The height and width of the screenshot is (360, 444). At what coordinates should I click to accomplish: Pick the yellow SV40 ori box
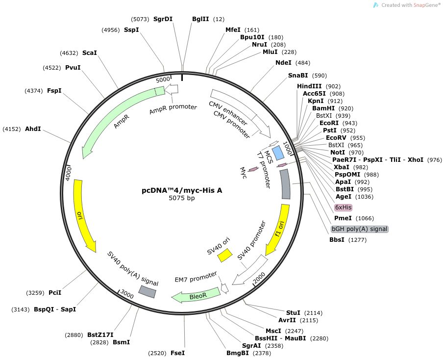[x=225, y=255]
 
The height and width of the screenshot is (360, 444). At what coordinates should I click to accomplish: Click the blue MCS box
[x=278, y=153]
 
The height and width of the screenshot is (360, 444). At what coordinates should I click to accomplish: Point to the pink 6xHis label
[x=343, y=207]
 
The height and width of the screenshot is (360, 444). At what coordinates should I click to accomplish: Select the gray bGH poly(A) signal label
[x=360, y=229]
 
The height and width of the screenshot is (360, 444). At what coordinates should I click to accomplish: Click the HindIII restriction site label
[x=309, y=86]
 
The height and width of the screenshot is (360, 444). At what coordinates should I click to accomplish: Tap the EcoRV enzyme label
[x=336, y=138]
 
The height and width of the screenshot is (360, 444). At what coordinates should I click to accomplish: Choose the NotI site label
[x=338, y=153]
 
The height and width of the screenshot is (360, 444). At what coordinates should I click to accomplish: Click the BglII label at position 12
[x=200, y=19]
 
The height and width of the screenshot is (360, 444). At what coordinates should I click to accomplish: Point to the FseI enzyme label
[x=177, y=353]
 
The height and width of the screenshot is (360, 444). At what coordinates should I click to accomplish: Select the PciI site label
[x=55, y=292]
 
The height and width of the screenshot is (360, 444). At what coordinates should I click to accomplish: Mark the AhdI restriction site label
[x=33, y=129]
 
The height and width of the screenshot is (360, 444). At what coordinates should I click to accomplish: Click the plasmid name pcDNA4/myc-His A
[x=182, y=190]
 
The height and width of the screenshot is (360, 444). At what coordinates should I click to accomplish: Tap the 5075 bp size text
[x=182, y=198]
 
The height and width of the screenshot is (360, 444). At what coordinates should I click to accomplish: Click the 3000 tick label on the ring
[x=127, y=294]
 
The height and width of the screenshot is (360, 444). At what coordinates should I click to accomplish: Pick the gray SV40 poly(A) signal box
[x=147, y=291]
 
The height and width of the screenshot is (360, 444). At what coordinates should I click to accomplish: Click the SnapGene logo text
[x=410, y=5]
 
